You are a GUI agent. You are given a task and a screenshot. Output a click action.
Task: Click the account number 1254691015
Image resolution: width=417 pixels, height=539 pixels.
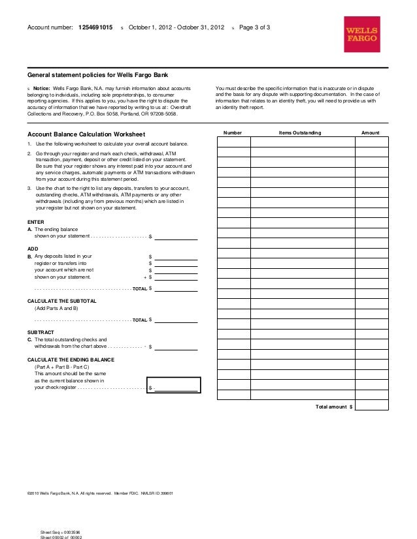[95, 27]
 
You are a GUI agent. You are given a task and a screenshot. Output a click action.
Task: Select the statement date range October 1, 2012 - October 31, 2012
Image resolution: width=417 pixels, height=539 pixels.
[176, 27]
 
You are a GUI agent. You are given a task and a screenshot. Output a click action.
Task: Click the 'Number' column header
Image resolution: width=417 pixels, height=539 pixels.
[233, 132]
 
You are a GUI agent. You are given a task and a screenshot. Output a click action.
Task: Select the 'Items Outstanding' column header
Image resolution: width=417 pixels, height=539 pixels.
[299, 132]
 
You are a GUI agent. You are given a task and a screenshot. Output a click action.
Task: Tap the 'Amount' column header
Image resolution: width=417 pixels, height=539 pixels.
[370, 132]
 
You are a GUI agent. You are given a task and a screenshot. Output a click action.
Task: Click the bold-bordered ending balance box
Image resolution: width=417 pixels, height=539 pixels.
[174, 386]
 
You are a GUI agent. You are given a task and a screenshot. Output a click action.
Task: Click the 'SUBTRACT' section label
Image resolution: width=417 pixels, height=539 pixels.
[41, 332]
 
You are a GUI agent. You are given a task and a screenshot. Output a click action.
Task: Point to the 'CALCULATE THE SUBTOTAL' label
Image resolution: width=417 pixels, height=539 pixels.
[62, 300]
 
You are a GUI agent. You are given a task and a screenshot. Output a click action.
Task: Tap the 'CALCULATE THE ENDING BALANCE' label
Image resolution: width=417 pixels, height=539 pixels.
[70, 360]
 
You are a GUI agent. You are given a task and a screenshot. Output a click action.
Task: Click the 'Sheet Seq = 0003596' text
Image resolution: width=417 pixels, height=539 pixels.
[60, 531]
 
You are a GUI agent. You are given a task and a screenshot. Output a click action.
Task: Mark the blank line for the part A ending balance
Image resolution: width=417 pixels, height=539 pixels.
[175, 236]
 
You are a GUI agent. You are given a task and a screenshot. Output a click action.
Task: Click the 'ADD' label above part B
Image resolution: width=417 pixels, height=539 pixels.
[33, 249]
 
